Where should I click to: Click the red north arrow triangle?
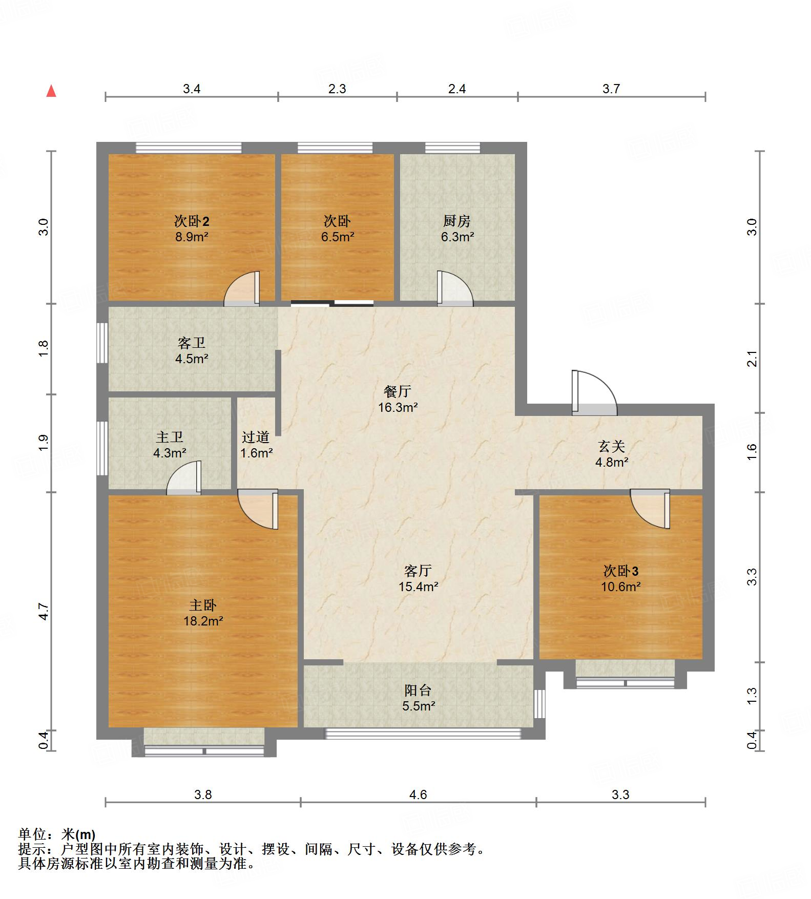pos(51,92)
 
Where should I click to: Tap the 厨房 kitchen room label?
pos(456,221)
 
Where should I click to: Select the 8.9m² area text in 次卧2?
pos(191,237)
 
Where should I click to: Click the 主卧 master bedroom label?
pos(203,605)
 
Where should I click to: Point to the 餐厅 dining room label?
pos(398,392)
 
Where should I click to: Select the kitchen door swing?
pos(454,289)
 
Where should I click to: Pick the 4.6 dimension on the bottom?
pos(418,795)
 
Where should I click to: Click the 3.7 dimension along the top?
pos(611,89)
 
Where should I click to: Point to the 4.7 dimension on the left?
pos(44,612)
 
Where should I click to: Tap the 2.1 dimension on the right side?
pos(752,359)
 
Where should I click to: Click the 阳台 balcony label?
pos(418,691)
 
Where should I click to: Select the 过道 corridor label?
pos(256,437)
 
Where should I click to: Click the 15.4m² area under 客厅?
pos(418,587)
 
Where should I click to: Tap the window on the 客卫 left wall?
pos(102,343)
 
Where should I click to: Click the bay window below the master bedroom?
pos(204,750)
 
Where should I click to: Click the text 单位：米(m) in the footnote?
pos(57,835)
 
